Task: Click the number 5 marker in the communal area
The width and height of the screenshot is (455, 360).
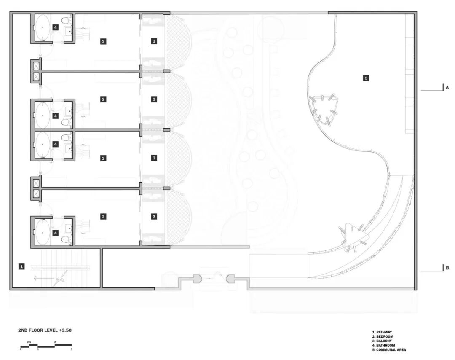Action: (x=366, y=78)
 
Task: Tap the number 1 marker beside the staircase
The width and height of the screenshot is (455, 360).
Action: (x=21, y=266)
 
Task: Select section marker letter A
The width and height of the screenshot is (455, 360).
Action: (x=447, y=87)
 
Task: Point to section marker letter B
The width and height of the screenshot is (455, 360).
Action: (x=447, y=268)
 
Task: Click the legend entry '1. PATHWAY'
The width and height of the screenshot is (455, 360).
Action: (x=382, y=332)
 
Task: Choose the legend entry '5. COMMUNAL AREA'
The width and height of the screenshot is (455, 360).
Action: (x=389, y=349)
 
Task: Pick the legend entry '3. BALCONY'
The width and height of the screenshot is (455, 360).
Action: (x=382, y=341)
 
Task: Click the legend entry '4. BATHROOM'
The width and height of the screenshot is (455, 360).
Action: (x=383, y=345)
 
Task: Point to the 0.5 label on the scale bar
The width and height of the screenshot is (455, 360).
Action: (x=29, y=341)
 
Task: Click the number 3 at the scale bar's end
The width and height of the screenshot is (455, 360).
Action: (x=71, y=349)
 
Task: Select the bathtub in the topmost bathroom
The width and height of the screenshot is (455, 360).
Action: (x=42, y=27)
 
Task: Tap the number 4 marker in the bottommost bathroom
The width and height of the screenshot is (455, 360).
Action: (x=55, y=233)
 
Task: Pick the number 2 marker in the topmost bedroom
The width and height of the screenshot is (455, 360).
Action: (x=103, y=41)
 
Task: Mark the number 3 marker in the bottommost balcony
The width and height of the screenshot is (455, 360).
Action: (x=154, y=216)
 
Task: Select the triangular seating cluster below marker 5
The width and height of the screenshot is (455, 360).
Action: (x=325, y=108)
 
